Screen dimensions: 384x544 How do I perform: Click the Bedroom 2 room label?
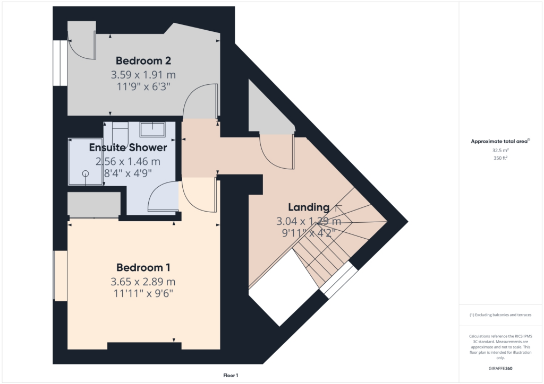pyautogui.click(x=143, y=60)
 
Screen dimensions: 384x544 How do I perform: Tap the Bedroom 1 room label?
pyautogui.click(x=143, y=267)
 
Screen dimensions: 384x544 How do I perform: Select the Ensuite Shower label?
pyautogui.click(x=127, y=147)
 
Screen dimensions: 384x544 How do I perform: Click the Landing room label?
pyautogui.click(x=309, y=207)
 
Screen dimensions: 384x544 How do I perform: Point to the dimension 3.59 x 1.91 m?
pyautogui.click(x=143, y=74)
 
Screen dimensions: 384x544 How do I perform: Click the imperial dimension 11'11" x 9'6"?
pyautogui.click(x=143, y=293)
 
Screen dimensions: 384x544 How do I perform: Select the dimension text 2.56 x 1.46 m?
pyautogui.click(x=127, y=161)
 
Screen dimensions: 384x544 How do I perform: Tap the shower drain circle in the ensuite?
pyautogui.click(x=85, y=173)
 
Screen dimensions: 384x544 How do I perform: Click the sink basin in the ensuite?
pyautogui.click(x=152, y=128)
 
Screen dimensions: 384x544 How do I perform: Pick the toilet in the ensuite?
pyautogui.click(x=121, y=130)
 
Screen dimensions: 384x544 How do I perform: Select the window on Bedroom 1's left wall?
pyautogui.click(x=59, y=276)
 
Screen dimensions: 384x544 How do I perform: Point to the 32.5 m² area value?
pyautogui.click(x=500, y=150)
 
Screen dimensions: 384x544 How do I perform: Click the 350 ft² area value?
pyautogui.click(x=500, y=158)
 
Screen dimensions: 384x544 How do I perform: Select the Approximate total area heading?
pyautogui.click(x=500, y=141)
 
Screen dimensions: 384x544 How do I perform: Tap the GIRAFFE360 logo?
pyautogui.click(x=500, y=368)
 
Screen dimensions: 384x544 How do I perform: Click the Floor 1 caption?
pyautogui.click(x=231, y=376)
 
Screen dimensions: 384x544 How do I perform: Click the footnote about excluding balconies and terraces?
pyautogui.click(x=500, y=315)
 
